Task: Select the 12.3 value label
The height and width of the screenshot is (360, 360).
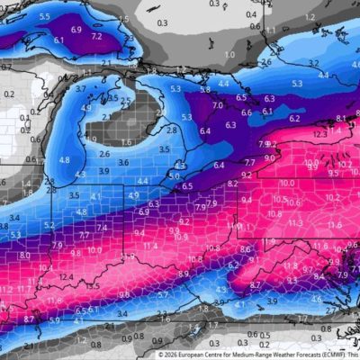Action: click(321, 134)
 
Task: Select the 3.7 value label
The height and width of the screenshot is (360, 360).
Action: click(80, 89)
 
